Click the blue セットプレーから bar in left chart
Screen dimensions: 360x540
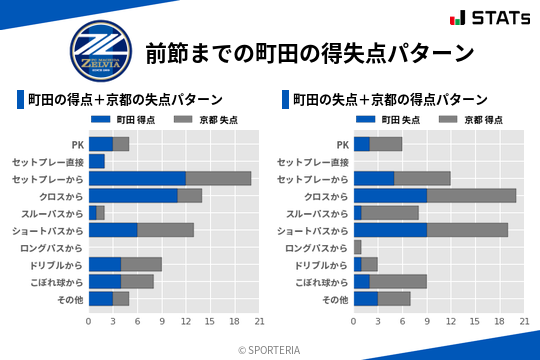(137, 178)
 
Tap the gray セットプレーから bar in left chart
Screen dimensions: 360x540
(218, 178)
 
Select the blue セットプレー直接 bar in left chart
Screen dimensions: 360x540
(97, 161)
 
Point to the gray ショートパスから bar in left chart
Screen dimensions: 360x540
(165, 230)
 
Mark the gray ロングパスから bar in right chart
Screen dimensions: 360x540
(358, 247)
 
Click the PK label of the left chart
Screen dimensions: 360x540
(77, 144)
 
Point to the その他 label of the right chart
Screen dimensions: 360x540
(335, 299)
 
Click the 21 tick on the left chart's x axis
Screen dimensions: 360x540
(259, 321)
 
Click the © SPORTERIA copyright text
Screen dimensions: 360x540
(270, 350)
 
